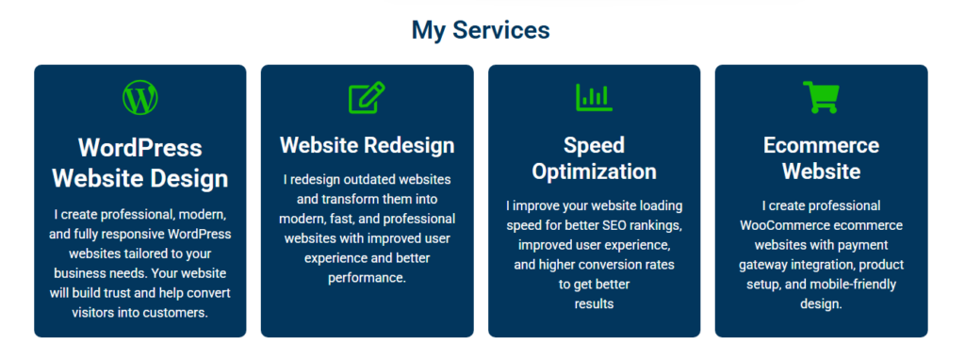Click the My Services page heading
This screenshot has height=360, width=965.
point(481,29)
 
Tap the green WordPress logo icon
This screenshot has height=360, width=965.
point(140,97)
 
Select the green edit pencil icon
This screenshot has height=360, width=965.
point(367,97)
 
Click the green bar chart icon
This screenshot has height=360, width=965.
point(594,97)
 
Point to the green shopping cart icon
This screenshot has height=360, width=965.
point(821,97)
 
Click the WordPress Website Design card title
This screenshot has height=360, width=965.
point(140,163)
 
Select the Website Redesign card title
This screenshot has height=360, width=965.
point(368,146)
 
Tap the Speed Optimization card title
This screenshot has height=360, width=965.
point(594,158)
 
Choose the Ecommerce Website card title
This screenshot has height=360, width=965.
point(821,158)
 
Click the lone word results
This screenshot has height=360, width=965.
point(594,304)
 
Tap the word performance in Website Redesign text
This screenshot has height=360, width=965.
point(367,277)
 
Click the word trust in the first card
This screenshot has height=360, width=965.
point(121,292)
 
